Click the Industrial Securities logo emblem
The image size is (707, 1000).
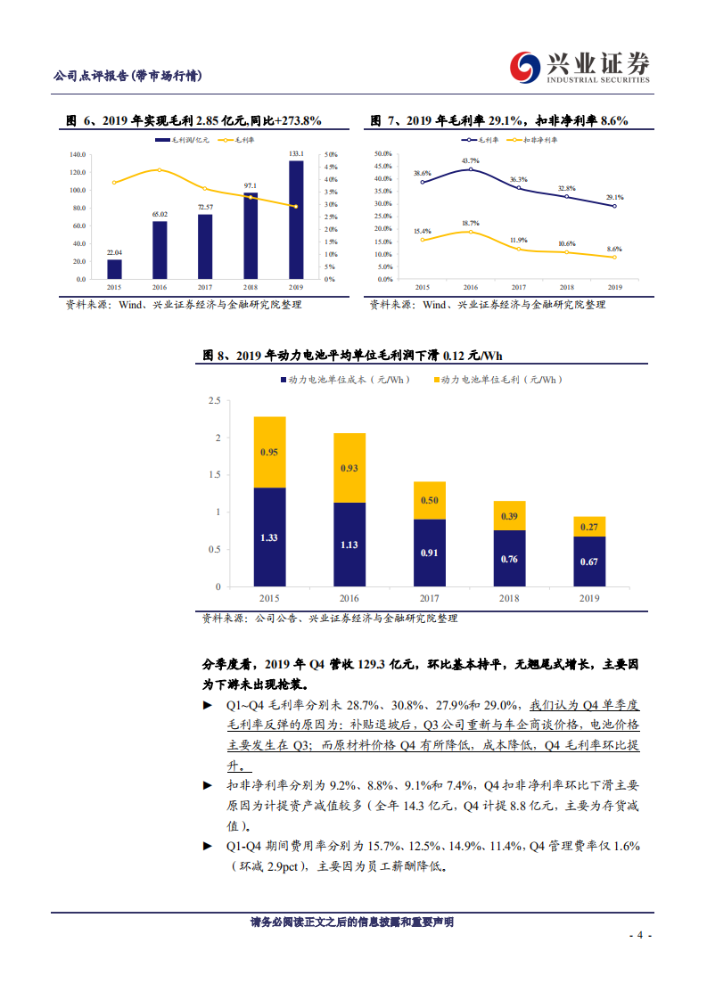tap(524, 67)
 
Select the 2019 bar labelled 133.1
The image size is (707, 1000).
tap(296, 219)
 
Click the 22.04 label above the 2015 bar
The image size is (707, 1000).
tap(114, 253)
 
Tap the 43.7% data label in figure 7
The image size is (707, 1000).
tap(470, 161)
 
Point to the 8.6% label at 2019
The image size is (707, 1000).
tap(614, 249)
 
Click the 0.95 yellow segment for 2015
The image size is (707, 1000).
tap(269, 452)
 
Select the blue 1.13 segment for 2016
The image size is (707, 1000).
tap(349, 545)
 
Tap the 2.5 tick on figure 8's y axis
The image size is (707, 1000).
tap(214, 401)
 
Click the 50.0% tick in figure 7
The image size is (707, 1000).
tap(383, 153)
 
